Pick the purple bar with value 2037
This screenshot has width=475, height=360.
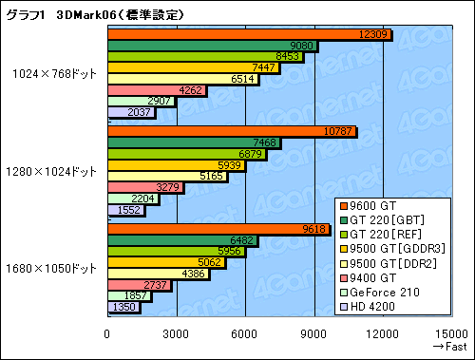[131, 113]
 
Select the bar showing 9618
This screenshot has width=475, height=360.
[218, 229]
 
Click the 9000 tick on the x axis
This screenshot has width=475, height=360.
[314, 333]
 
